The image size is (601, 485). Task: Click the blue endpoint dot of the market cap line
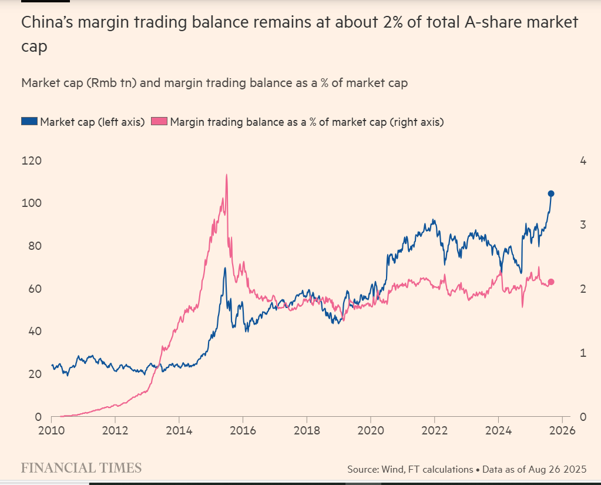pyautogui.click(x=551, y=193)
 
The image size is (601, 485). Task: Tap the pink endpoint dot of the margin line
pyautogui.click(x=550, y=282)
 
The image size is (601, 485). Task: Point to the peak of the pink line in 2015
pyautogui.click(x=226, y=175)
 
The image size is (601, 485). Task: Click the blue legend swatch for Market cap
pyautogui.click(x=29, y=122)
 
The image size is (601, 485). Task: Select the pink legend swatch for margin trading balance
pyautogui.click(x=160, y=122)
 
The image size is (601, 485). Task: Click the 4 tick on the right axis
pyautogui.click(x=583, y=160)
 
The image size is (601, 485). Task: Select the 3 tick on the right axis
pyautogui.click(x=583, y=225)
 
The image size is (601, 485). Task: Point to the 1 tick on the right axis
pyautogui.click(x=583, y=353)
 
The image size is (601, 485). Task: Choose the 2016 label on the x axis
pyautogui.click(x=243, y=430)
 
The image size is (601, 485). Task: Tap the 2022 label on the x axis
pyautogui.click(x=434, y=430)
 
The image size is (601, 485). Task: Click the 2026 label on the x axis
pyautogui.click(x=562, y=430)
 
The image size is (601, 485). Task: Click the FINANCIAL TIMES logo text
pyautogui.click(x=81, y=468)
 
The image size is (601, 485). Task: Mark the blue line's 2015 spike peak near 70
pyautogui.click(x=224, y=268)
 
